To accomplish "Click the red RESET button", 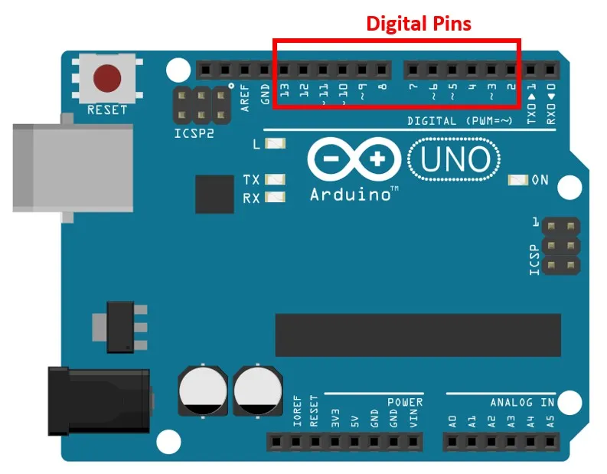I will pyautogui.click(x=106, y=78).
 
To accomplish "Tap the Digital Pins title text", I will pyautogui.click(x=418, y=23).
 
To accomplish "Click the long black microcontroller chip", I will pyautogui.click(x=417, y=335).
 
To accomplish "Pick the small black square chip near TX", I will pyautogui.click(x=214, y=194).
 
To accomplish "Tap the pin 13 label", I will pyautogui.click(x=285, y=95).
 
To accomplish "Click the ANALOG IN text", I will pyautogui.click(x=522, y=402).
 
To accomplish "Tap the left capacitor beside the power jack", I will pyautogui.click(x=203, y=390).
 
